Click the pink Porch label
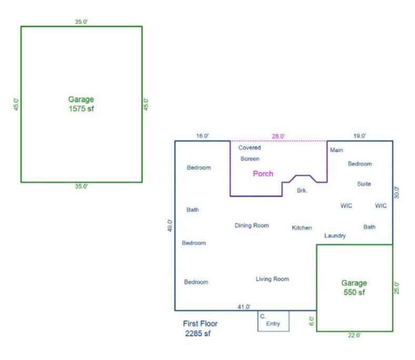tap(263, 173)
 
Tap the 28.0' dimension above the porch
tap(278, 136)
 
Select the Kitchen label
tap(302, 228)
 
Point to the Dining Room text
tap(251, 225)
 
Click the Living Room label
tap(272, 279)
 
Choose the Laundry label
tap(335, 236)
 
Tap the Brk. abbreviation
tap(302, 190)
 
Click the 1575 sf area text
tap(81, 108)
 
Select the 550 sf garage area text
tap(354, 292)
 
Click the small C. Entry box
tap(274, 321)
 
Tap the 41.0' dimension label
tap(244, 306)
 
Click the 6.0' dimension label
tap(312, 321)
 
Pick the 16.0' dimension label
tap(203, 136)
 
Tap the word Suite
tap(364, 184)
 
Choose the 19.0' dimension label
tap(360, 136)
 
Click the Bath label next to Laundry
tap(369, 227)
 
